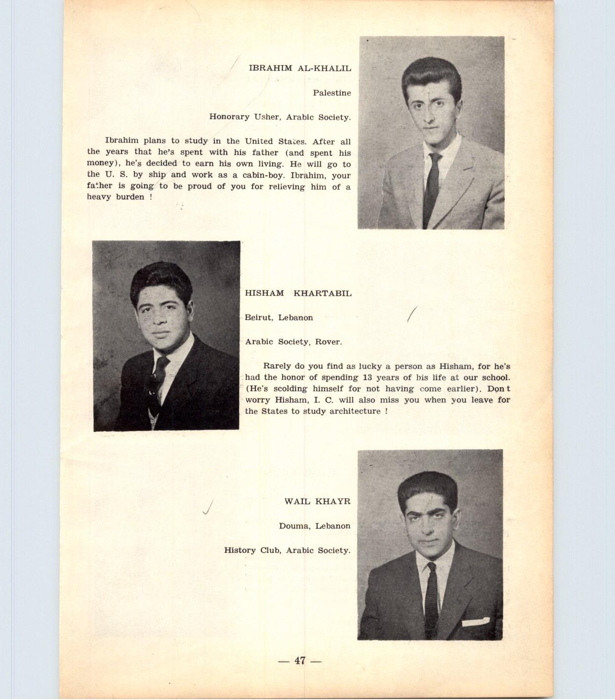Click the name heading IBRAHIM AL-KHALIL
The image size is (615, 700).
click(300, 69)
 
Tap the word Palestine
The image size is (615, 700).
click(331, 93)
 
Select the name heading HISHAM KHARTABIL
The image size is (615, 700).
click(298, 293)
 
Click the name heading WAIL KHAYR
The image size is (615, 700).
click(317, 502)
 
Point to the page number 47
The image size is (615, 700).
click(300, 661)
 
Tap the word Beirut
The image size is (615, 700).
click(258, 318)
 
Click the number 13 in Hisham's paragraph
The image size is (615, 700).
click(367, 378)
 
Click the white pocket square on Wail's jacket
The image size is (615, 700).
click(475, 622)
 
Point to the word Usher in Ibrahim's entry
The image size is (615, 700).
click(267, 117)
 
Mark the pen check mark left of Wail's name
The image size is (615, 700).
click(208, 507)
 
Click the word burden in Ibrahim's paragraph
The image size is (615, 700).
click(130, 197)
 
